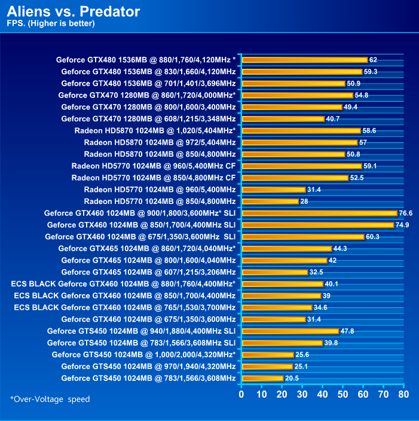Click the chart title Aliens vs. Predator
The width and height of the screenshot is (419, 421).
(74, 11)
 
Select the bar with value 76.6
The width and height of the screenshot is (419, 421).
(319, 213)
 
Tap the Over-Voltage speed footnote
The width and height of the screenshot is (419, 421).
(50, 399)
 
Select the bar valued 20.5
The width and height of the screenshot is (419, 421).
(262, 378)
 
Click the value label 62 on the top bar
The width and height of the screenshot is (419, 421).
(373, 60)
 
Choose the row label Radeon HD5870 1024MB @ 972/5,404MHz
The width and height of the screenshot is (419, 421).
(160, 142)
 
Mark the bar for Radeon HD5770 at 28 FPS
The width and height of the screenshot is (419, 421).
(270, 201)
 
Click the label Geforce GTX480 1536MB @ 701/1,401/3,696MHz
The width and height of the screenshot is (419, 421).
(148, 83)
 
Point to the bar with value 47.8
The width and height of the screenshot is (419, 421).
(290, 331)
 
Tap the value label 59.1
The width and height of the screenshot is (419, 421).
(370, 166)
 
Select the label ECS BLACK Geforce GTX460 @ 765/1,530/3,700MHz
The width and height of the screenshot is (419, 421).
(124, 307)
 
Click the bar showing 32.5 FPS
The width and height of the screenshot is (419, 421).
(274, 272)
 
